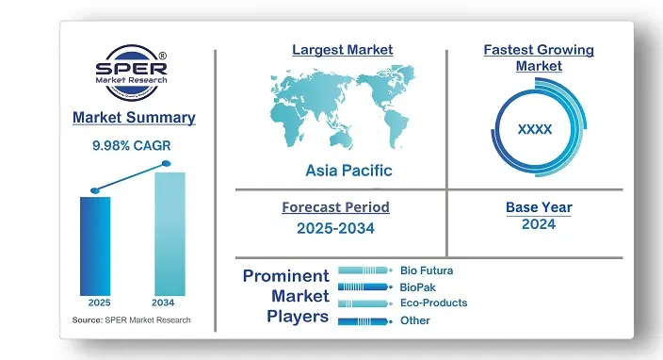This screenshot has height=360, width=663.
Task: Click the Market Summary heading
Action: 134,118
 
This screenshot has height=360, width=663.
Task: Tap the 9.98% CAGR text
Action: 134,145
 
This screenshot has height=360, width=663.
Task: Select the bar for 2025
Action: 95,245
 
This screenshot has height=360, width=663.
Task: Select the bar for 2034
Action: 170,233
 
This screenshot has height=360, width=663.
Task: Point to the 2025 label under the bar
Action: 99,303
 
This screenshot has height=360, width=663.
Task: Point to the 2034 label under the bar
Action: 164,303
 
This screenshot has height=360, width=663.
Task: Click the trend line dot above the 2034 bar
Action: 167,164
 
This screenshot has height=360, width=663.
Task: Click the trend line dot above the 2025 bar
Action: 94,189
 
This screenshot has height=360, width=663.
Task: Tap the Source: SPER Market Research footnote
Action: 131,320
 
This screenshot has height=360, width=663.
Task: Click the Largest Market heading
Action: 343,49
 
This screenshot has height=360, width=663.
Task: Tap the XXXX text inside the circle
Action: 535,129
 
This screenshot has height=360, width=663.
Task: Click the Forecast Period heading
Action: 335,206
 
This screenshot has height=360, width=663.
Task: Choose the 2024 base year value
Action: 538,224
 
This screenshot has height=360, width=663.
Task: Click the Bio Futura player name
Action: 427,270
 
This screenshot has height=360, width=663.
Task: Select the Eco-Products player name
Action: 433,303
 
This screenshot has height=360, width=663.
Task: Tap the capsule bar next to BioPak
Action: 364,286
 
